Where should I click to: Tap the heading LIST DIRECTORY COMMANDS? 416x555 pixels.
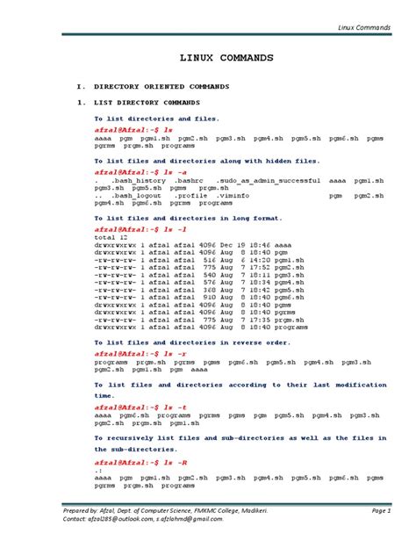tap(149, 102)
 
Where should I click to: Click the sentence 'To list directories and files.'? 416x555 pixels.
tap(156, 118)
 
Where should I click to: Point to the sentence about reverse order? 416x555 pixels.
tap(192, 342)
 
